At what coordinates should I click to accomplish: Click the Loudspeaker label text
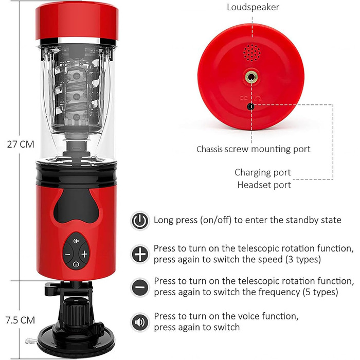click(253, 7)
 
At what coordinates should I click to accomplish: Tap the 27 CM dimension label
click(21, 145)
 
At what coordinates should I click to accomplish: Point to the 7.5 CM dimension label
click(20, 320)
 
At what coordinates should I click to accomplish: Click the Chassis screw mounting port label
click(253, 149)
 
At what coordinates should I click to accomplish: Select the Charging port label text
click(263, 172)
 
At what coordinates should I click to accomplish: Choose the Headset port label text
click(264, 185)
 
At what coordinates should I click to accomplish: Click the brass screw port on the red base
click(251, 77)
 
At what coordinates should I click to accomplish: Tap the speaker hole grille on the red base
click(252, 53)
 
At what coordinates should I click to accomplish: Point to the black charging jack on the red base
click(251, 106)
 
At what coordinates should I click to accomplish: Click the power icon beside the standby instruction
click(140, 221)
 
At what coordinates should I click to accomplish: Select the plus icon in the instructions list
click(140, 254)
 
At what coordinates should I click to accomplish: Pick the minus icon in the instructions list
click(140, 287)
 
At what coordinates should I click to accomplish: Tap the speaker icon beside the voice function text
click(140, 322)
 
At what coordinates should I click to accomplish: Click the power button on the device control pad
click(76, 264)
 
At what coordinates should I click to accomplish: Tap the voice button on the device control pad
click(76, 241)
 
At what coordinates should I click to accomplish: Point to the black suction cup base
click(76, 341)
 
